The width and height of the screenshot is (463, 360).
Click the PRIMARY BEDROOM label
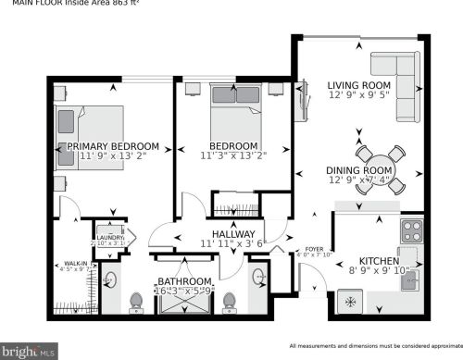[112, 146]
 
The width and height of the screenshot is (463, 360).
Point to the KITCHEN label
[378, 261]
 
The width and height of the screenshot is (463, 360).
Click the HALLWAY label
[233, 234]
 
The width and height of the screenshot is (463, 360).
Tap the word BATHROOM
[185, 281]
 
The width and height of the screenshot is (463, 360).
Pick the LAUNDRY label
[110, 237]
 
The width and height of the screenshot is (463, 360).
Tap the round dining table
[375, 166]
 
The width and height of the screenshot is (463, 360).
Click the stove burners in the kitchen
[411, 229]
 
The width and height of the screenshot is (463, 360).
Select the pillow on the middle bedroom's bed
[228, 94]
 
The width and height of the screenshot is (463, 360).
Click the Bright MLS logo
[30, 352]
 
